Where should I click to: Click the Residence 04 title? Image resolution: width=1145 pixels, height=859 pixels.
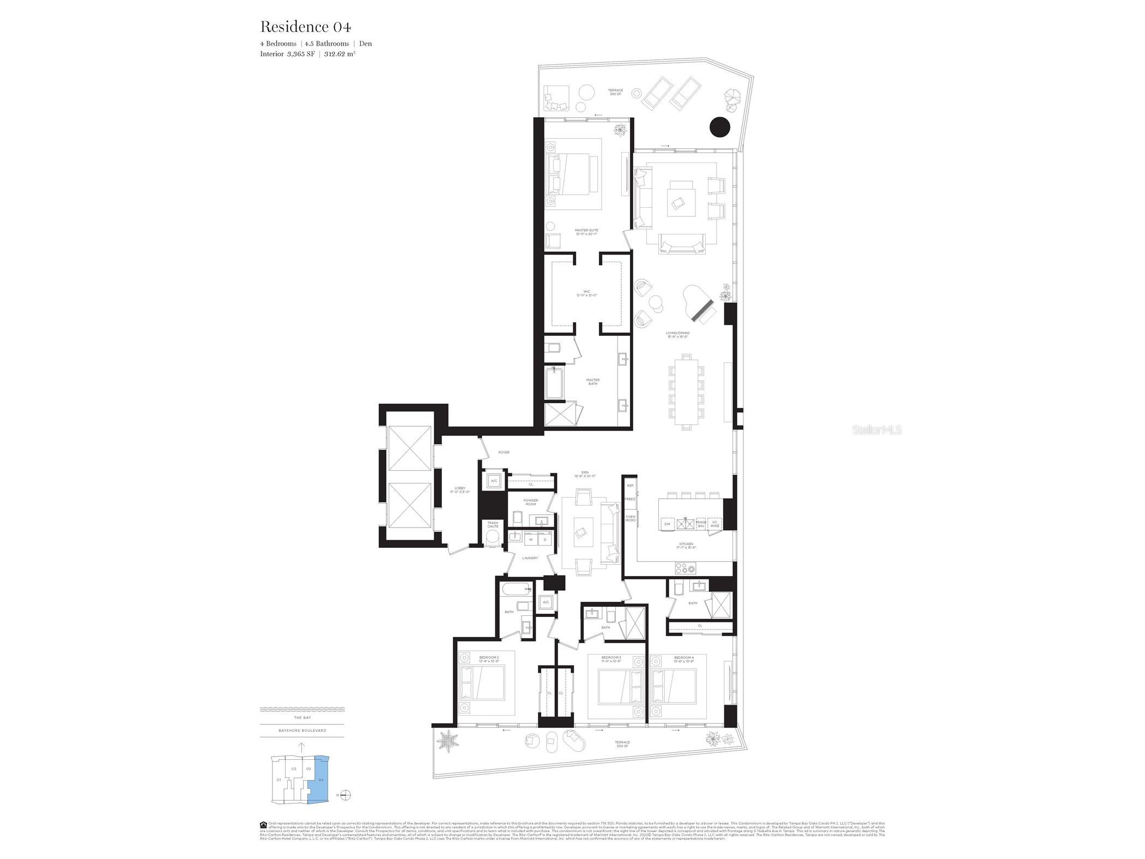305,26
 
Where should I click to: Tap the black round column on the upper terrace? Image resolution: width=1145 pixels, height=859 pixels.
719,127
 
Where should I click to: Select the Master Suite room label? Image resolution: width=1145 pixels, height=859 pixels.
586,232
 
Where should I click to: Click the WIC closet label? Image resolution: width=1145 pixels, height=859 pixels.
586,293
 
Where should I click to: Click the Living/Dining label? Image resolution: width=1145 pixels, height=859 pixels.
677,334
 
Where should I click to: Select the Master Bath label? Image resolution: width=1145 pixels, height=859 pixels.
592,382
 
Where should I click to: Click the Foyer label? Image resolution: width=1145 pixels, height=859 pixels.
504,452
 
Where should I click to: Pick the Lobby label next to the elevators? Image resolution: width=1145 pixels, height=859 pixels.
461,489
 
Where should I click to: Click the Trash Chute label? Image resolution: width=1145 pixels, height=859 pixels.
493,524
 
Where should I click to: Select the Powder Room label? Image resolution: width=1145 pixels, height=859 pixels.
530,502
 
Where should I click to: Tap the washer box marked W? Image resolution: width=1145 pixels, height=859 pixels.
530,540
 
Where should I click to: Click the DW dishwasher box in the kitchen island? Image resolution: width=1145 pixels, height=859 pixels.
667,524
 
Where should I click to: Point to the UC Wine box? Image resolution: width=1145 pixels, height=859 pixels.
714,524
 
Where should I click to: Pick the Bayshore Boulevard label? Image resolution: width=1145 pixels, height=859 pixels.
302,730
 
